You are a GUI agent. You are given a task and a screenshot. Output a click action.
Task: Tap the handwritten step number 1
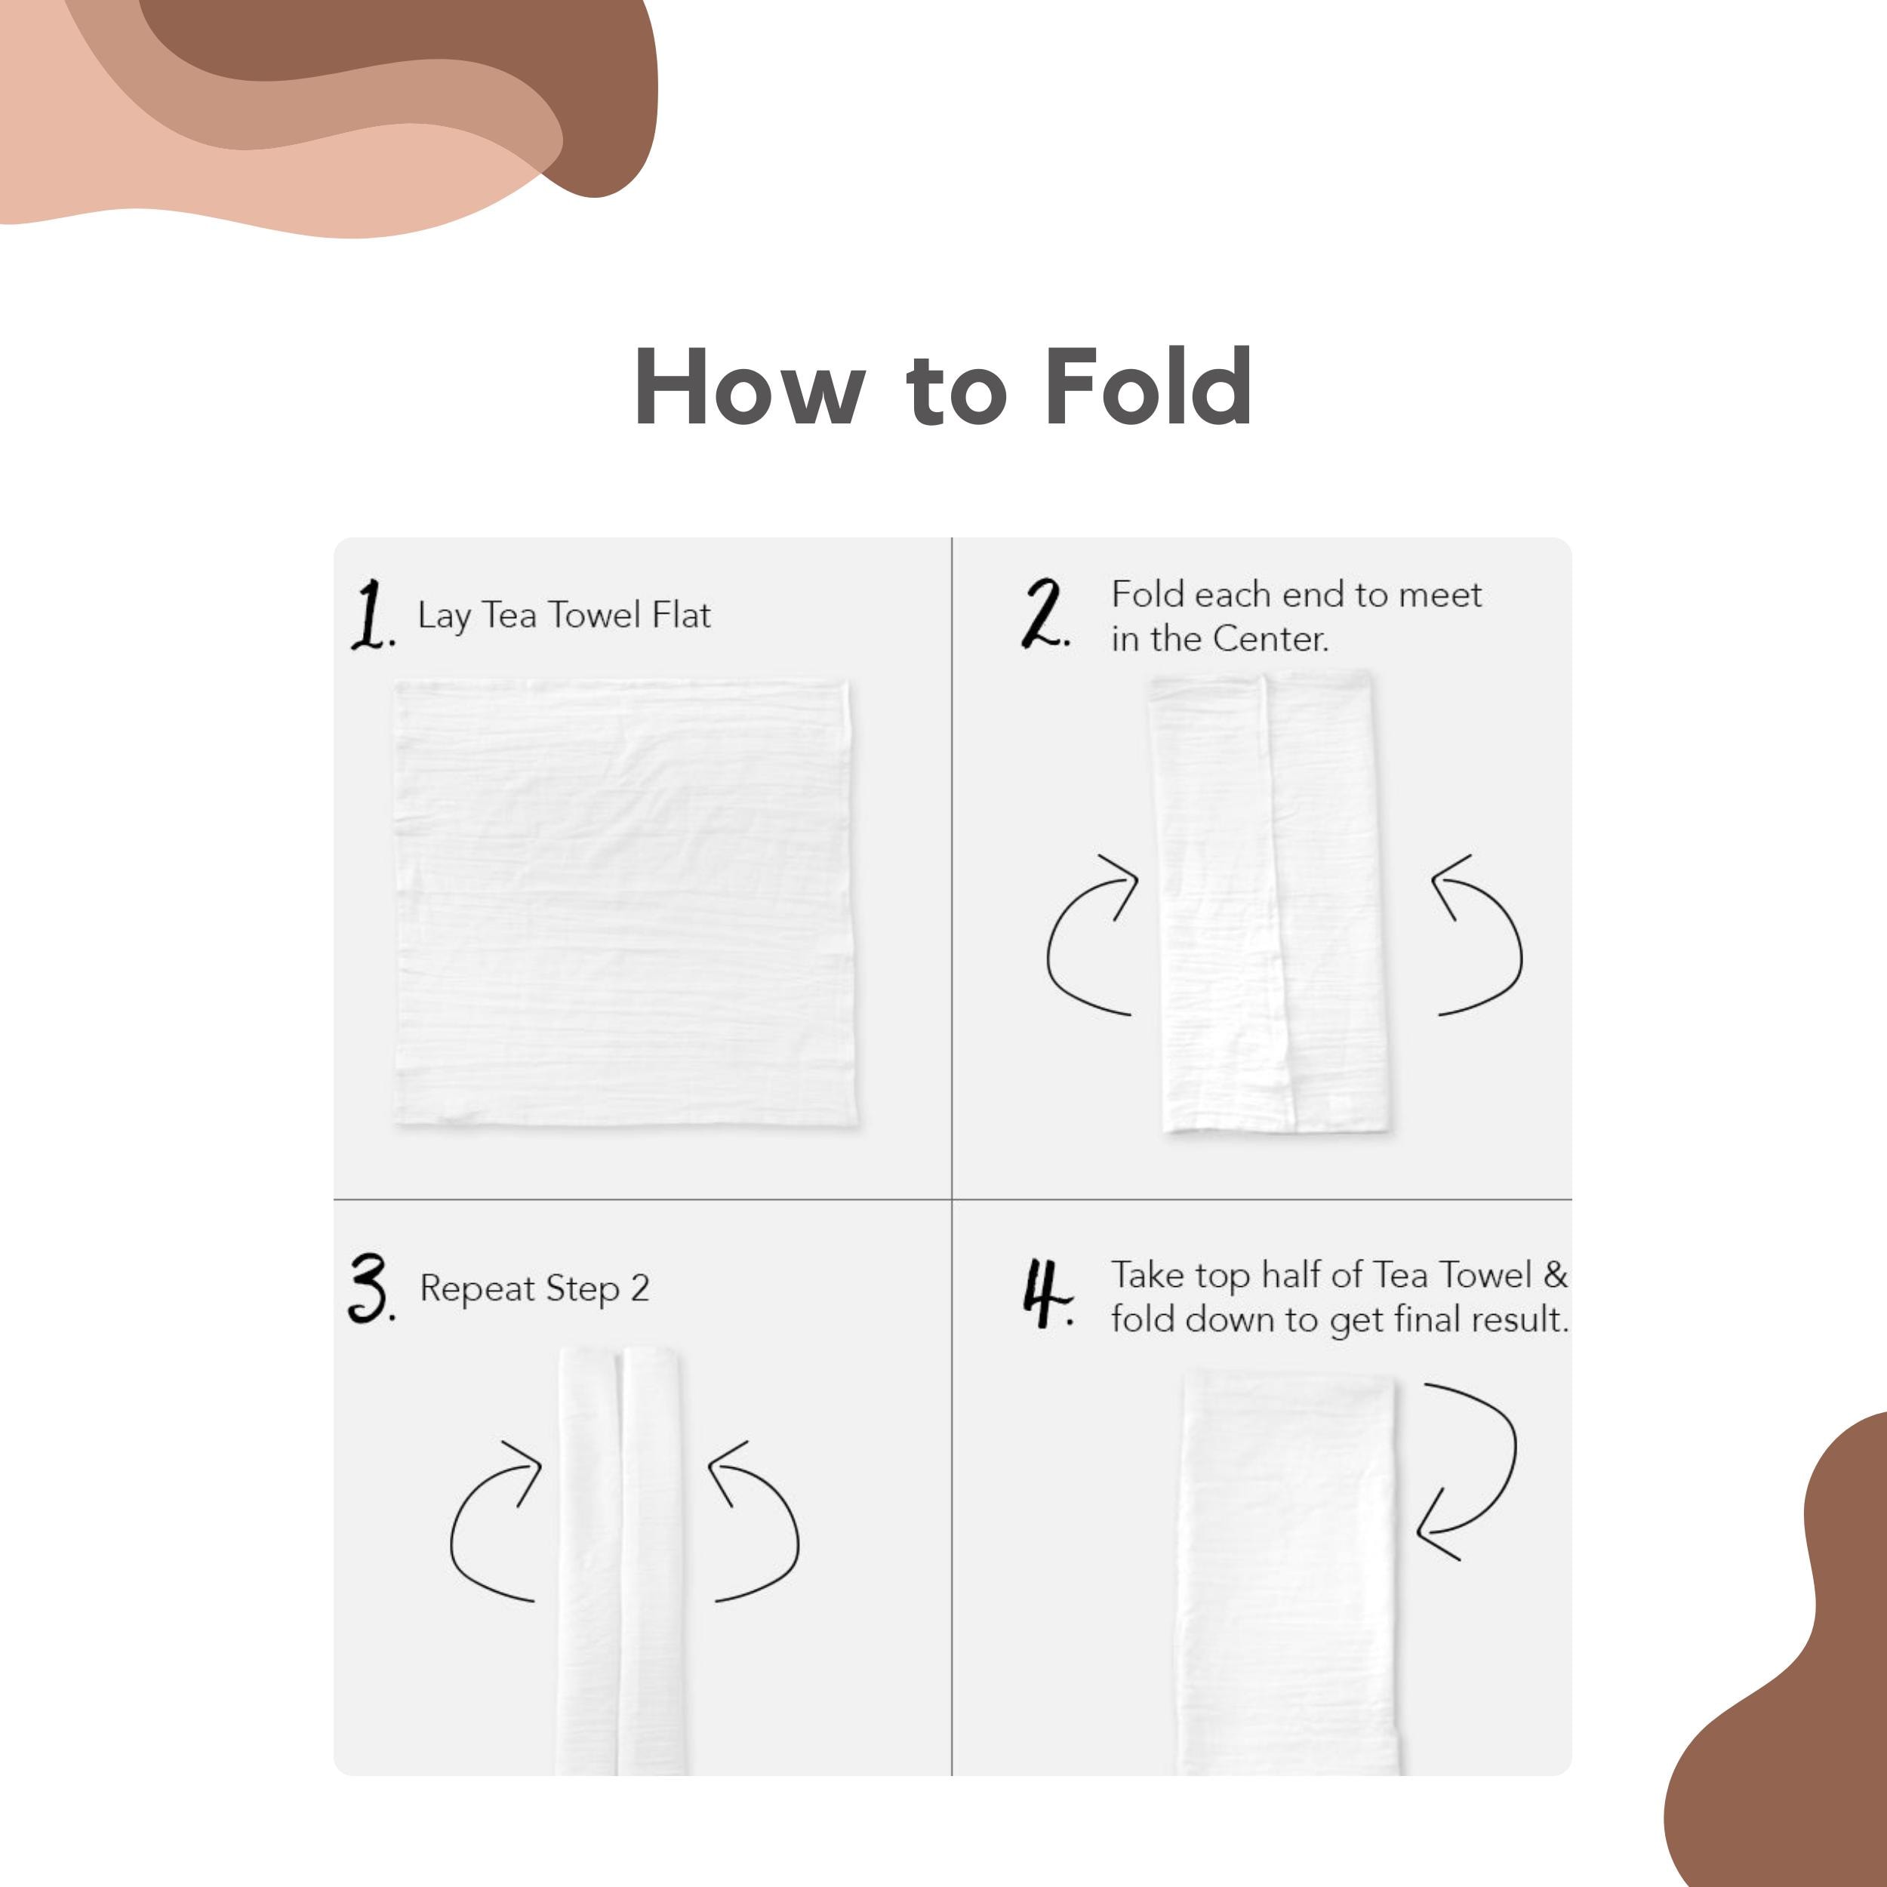point(371,614)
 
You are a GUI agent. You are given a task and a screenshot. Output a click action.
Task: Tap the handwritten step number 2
point(1046,614)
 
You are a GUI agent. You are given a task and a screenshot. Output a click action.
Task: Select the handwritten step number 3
point(371,1289)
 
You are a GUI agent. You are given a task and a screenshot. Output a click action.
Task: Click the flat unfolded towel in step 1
point(626,903)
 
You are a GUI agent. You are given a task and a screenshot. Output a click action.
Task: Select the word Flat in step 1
point(681,614)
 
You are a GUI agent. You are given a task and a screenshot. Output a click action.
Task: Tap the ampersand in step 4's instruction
point(1555,1275)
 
